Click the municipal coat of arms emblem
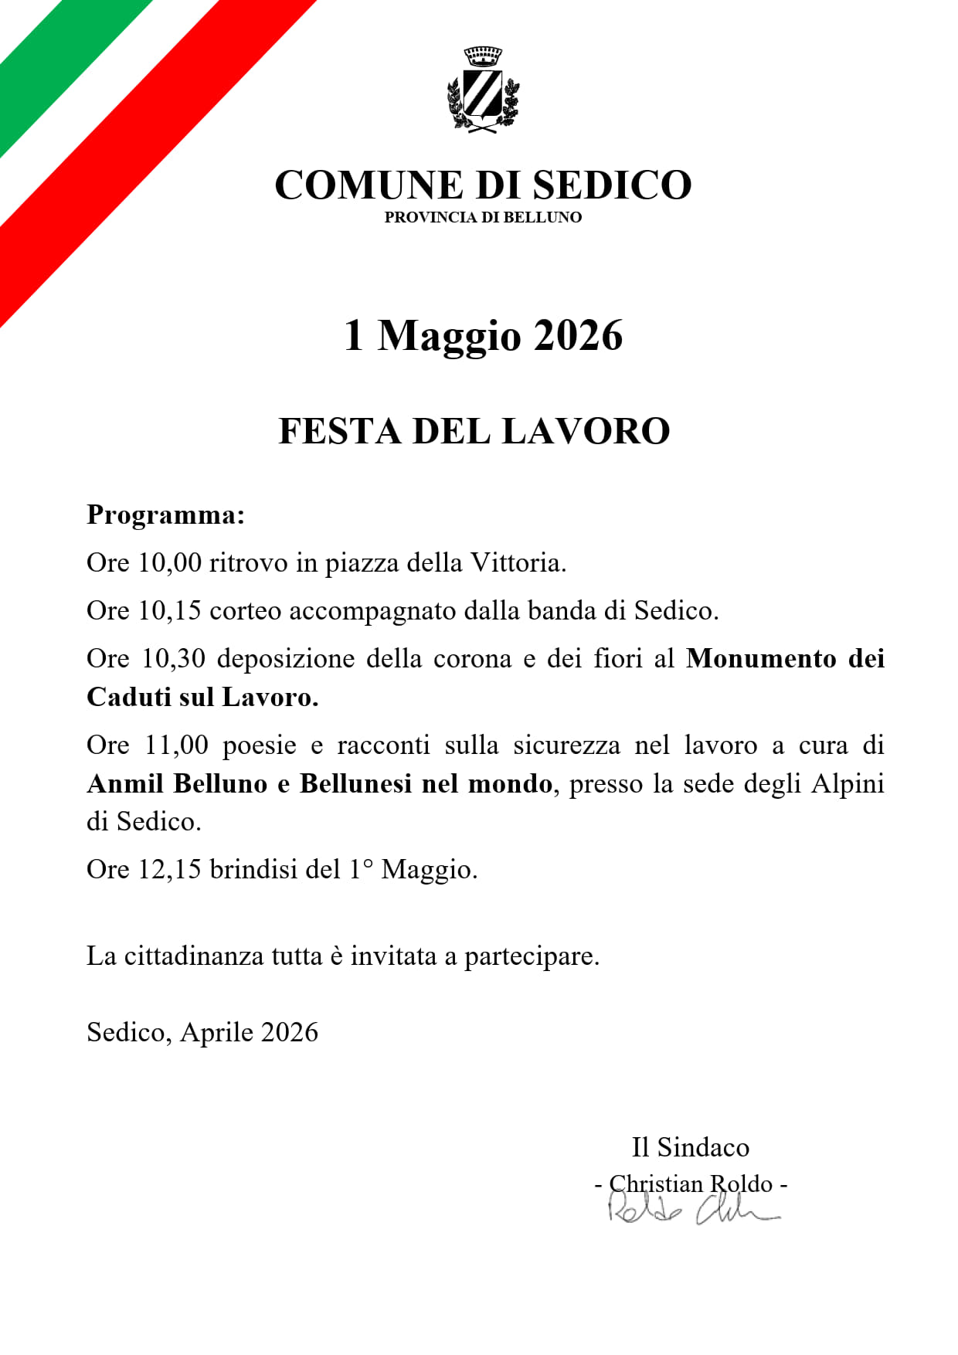[x=483, y=90]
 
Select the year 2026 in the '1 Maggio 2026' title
[x=578, y=335]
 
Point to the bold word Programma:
[x=165, y=514]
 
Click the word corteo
[x=246, y=611]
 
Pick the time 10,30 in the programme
[x=174, y=659]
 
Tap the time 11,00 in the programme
[x=176, y=745]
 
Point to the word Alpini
[x=847, y=784]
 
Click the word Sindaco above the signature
[x=703, y=1147]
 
